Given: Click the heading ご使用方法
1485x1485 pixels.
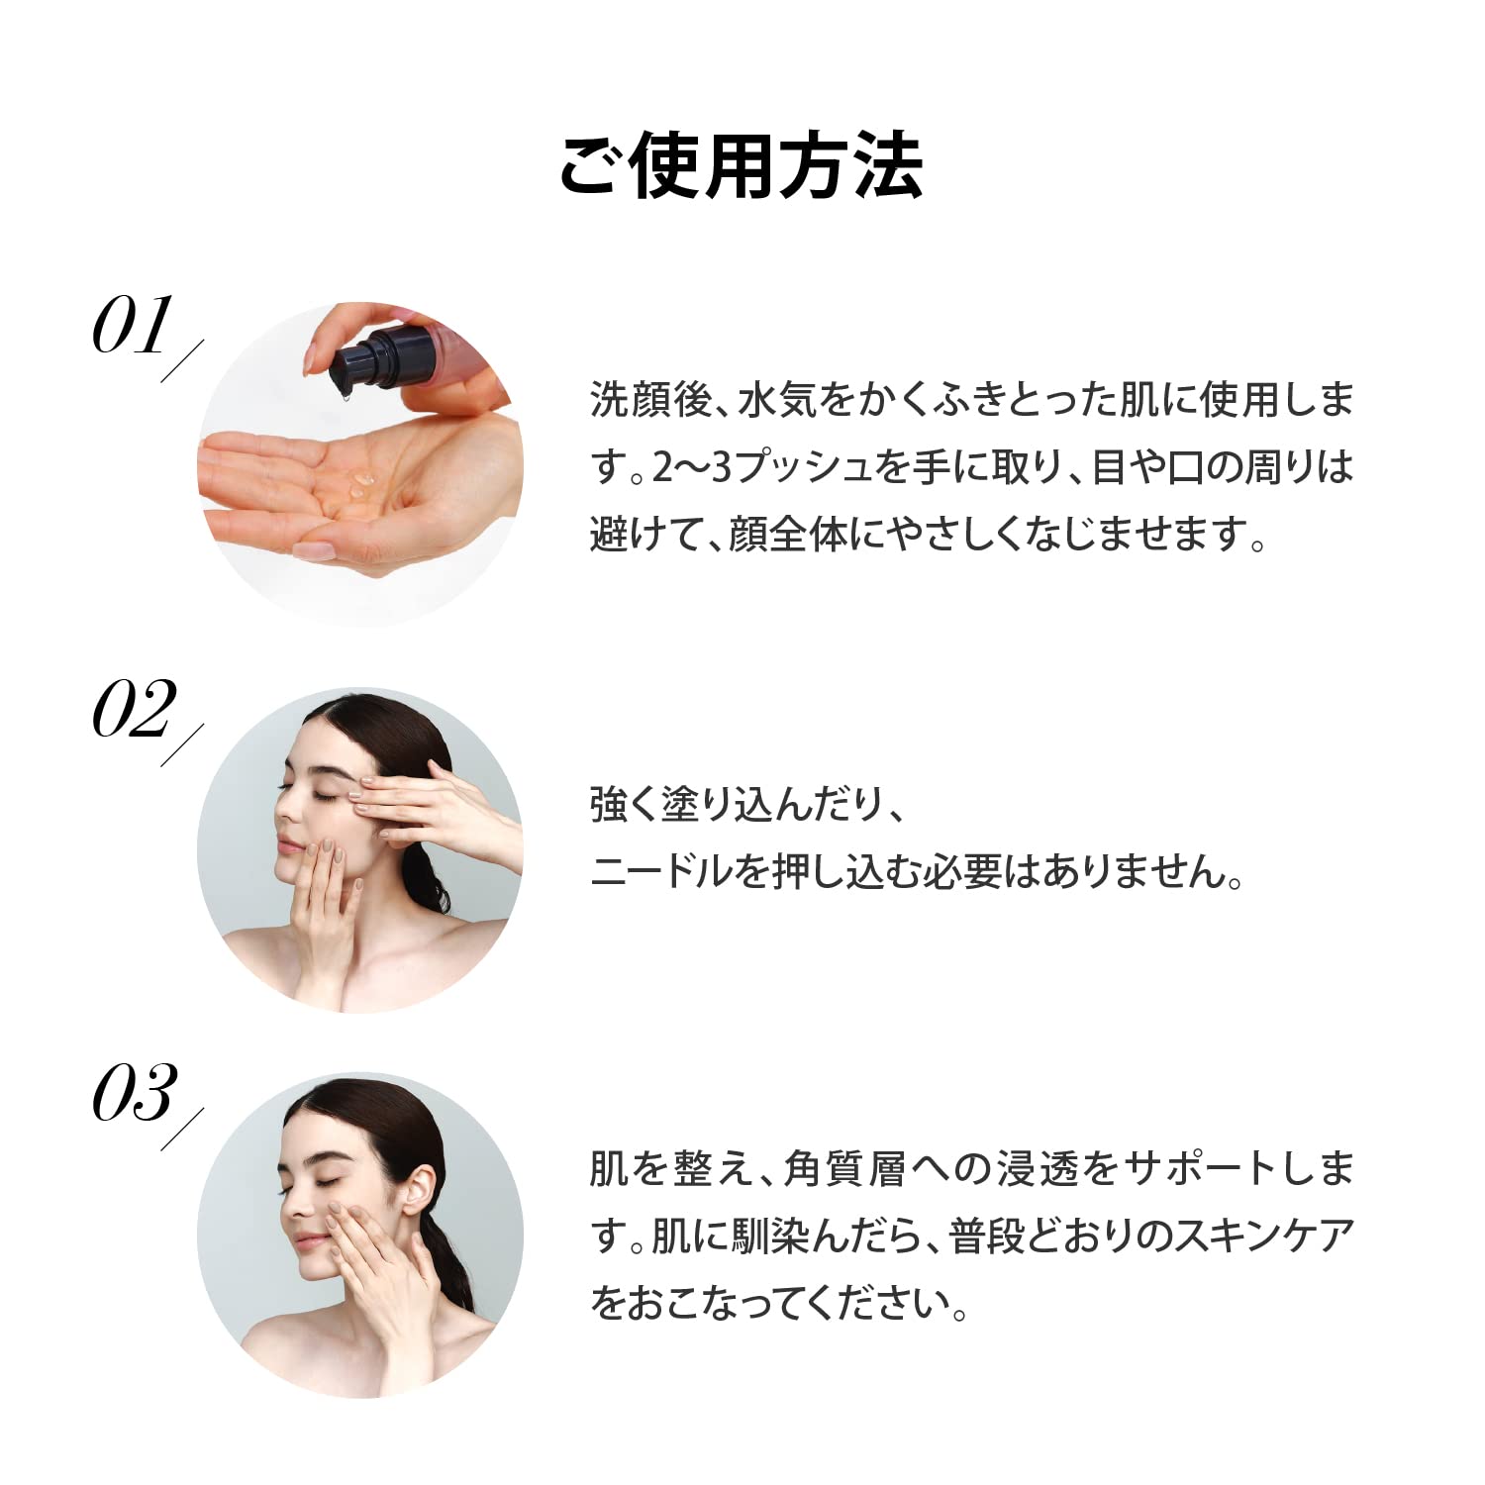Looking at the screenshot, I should pyautogui.click(x=742, y=165).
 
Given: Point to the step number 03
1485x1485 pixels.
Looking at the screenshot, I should pyautogui.click(x=135, y=1093).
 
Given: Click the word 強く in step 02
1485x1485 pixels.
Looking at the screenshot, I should pyautogui.click(x=624, y=806).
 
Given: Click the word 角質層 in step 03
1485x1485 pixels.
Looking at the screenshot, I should pyautogui.click(x=844, y=1169).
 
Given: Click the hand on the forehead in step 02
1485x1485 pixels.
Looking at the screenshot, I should pyautogui.click(x=416, y=792).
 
